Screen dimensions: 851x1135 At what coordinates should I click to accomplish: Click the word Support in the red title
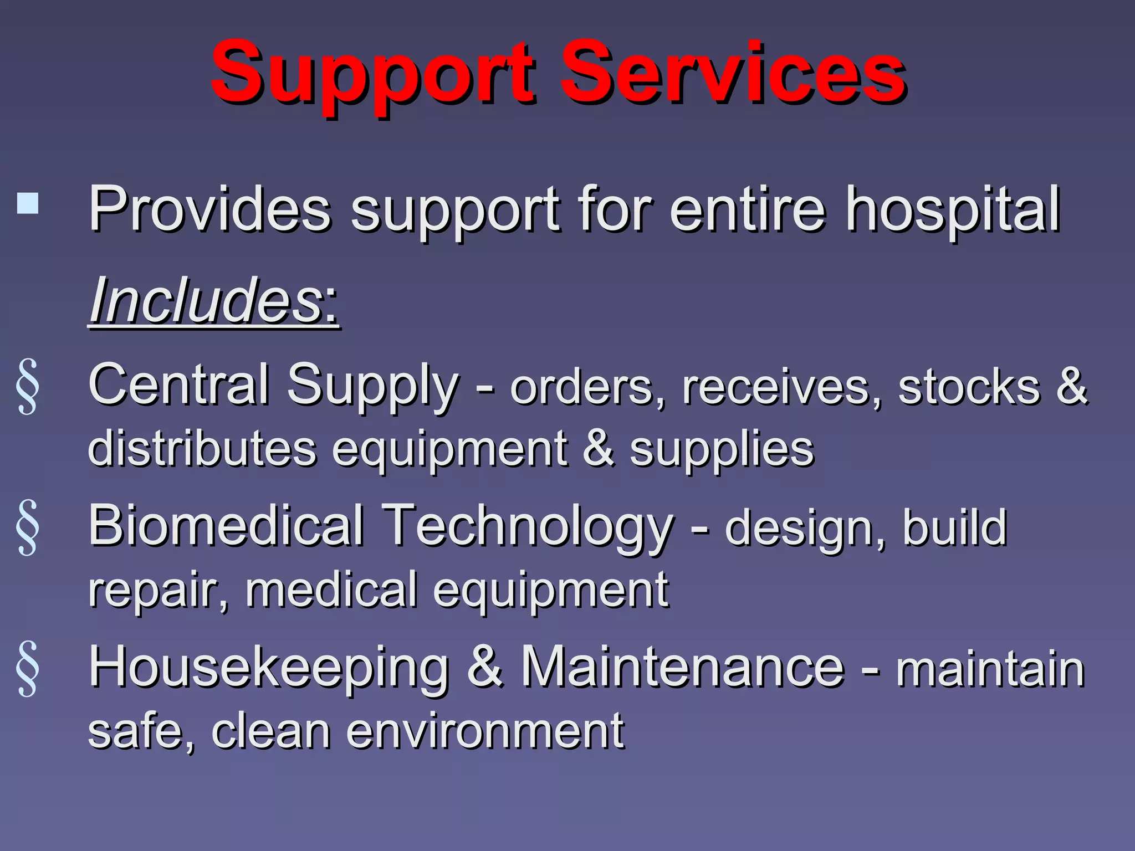coord(372,75)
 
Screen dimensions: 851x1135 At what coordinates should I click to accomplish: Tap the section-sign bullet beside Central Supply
coord(28,387)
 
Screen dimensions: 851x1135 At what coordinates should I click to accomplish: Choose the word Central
coord(178,385)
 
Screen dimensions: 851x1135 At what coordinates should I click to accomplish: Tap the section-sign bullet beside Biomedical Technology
coord(28,527)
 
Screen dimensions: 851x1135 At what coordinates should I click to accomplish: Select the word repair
coord(159,591)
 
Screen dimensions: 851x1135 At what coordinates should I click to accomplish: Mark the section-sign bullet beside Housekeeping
coord(28,669)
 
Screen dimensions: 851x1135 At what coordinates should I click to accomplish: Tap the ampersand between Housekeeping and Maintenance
coord(485,667)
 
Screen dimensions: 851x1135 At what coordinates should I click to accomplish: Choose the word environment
coord(485,731)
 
